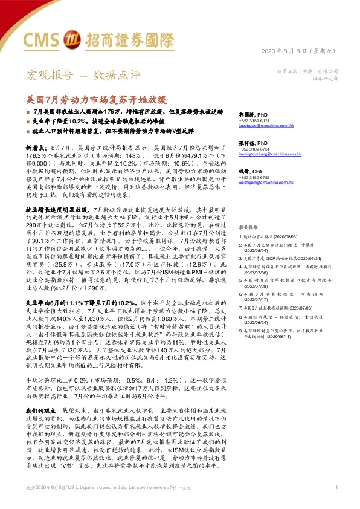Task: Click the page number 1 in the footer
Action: pyautogui.click(x=336, y=504)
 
